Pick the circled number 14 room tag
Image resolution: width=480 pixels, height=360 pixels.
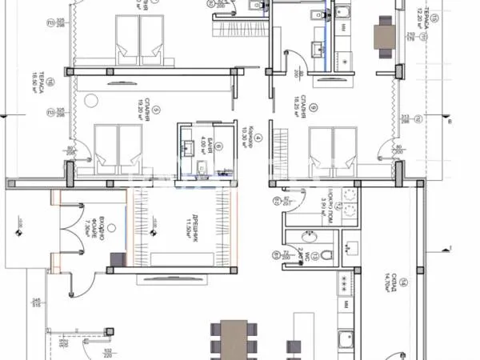pos(404,280)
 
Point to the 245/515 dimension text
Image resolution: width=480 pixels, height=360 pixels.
pos(36,302)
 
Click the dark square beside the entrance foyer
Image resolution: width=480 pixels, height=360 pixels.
pos(117,258)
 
